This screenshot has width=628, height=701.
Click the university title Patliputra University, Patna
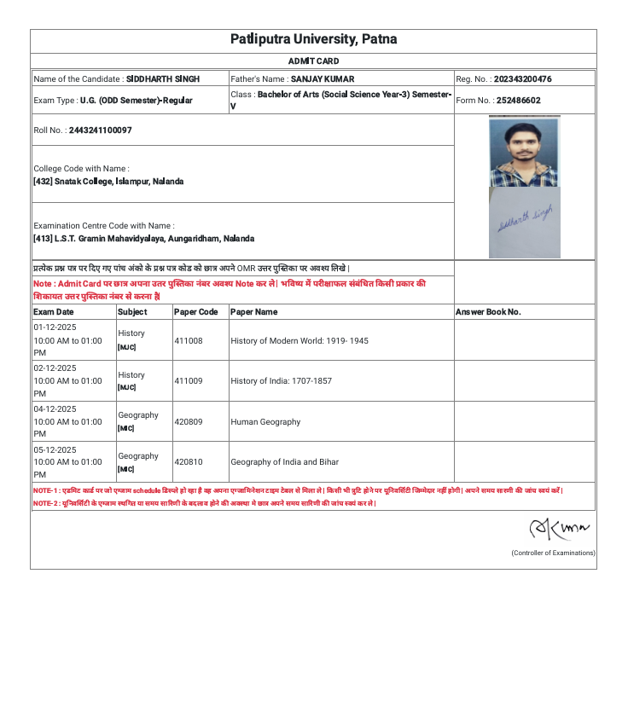coord(313,40)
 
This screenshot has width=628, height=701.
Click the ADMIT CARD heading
coord(313,61)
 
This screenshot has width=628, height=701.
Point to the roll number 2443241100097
coord(101,130)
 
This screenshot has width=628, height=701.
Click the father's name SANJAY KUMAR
coord(323,79)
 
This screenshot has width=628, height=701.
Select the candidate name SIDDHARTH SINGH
coord(163,79)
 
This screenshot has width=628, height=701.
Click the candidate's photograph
coord(524,152)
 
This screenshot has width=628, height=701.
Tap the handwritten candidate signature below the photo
coord(524,220)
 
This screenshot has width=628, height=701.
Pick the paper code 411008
coord(189,340)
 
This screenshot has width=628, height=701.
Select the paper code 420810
coord(189,462)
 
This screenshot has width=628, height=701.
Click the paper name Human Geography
coord(265,422)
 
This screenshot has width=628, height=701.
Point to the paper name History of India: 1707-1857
coord(281,381)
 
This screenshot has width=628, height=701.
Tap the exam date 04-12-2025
coord(55,409)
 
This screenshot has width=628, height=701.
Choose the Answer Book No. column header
coord(488,312)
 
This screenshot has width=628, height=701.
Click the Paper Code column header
coord(196,312)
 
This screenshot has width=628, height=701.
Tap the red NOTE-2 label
coord(45,503)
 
